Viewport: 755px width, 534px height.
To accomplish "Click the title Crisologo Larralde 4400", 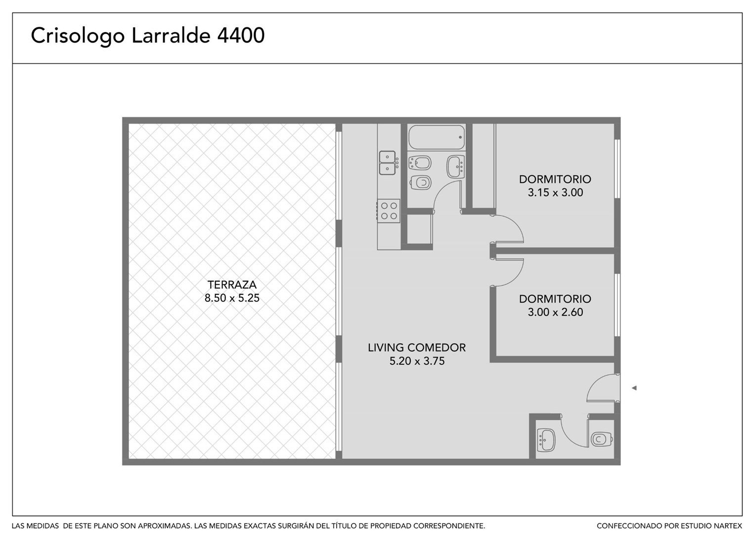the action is click(x=148, y=36).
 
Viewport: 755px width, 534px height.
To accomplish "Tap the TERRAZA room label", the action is click(x=232, y=285).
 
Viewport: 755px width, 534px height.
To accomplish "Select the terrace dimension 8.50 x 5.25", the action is click(x=232, y=298).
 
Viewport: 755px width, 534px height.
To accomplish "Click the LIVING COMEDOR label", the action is click(x=417, y=348).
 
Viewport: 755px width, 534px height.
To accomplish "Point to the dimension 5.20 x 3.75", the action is click(x=417, y=361).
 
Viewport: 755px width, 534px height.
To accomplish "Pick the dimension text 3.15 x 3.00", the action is click(x=555, y=192).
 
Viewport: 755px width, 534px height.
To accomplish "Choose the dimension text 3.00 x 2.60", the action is click(x=555, y=312).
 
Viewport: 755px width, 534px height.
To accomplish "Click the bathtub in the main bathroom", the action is click(x=437, y=137).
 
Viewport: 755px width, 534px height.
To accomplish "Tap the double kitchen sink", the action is click(x=387, y=163).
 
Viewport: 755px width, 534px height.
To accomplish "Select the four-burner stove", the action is click(x=389, y=211).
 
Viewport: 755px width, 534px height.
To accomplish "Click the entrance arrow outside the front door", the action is click(x=634, y=388).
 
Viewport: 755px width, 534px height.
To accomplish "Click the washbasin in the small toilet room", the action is click(x=546, y=440).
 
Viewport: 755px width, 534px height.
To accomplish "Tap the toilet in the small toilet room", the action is click(x=602, y=439).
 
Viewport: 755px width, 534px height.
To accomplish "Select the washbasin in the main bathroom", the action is click(x=456, y=167).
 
